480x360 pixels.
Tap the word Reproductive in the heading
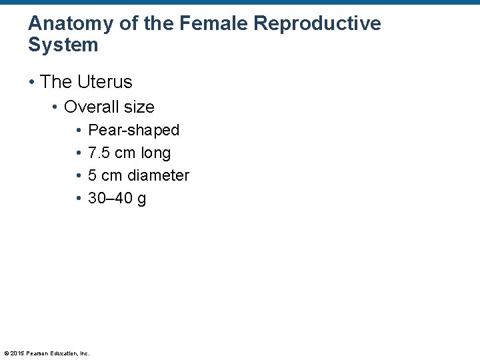point(318,25)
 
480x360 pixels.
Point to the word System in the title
point(63,45)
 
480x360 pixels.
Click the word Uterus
point(105,82)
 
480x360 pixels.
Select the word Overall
point(90,107)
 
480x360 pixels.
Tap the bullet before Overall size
point(55,107)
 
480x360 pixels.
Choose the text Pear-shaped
point(133,130)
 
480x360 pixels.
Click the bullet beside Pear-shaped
point(79,130)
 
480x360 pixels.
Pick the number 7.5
point(99,153)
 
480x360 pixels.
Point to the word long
point(155,153)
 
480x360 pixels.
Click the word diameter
point(158,175)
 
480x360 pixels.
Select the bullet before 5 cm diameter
point(79,175)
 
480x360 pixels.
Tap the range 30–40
point(110,198)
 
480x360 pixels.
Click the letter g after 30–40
point(141,199)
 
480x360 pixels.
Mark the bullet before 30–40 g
point(79,198)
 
